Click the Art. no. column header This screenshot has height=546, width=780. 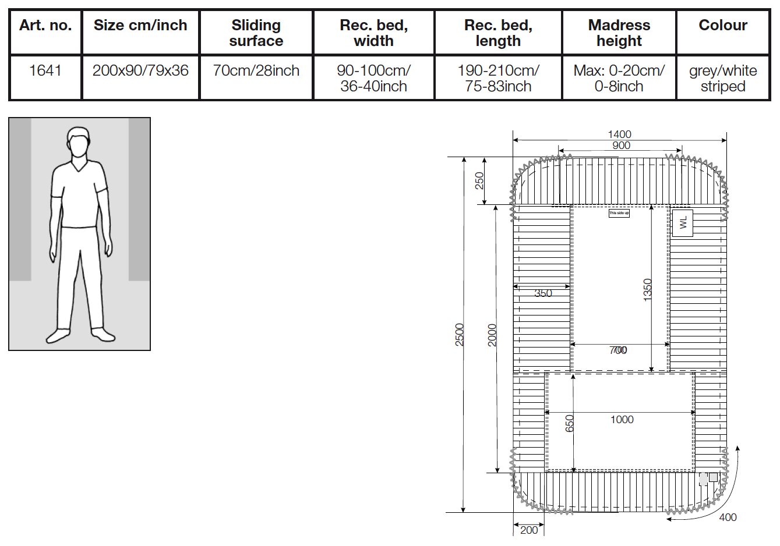pos(45,26)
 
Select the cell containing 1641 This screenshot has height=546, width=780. pos(45,70)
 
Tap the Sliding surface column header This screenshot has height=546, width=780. pos(256,33)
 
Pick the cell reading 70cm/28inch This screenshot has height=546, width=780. pos(256,70)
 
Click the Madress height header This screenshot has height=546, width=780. pos(619,33)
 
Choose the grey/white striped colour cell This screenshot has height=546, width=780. pos(722,78)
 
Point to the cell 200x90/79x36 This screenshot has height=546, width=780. pos(140,70)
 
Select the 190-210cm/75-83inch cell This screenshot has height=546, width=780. pos(498,78)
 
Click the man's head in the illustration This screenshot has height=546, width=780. pos(78,142)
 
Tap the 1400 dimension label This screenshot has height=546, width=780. pos(619,134)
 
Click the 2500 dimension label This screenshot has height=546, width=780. pos(460,335)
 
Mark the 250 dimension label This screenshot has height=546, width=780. pos(479,180)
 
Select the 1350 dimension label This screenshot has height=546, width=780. pos(648,290)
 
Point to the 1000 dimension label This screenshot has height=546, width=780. pos(622,420)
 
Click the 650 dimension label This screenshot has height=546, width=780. pos(570,423)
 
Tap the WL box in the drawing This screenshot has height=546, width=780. pos(683,222)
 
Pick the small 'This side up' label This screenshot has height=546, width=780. pos(619,213)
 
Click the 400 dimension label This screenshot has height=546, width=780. pos(728,517)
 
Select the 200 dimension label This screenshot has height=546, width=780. pos(529,530)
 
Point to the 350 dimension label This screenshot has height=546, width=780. pos(543,293)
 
